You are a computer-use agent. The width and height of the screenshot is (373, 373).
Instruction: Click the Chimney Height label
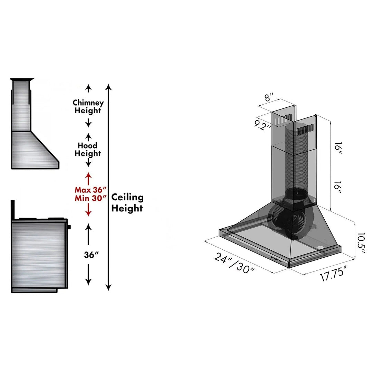pos(88,107)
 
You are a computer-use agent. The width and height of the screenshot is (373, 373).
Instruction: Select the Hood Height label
pos(88,149)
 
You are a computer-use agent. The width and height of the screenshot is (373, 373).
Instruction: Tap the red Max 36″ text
pos(90,190)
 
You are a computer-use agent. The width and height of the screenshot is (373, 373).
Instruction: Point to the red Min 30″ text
pos(90,198)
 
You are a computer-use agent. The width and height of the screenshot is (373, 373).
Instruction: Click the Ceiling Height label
pos(127,203)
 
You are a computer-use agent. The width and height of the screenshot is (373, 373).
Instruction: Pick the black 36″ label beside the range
pos(91,255)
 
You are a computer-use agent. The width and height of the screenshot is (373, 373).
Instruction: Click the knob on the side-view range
pos(69,227)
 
